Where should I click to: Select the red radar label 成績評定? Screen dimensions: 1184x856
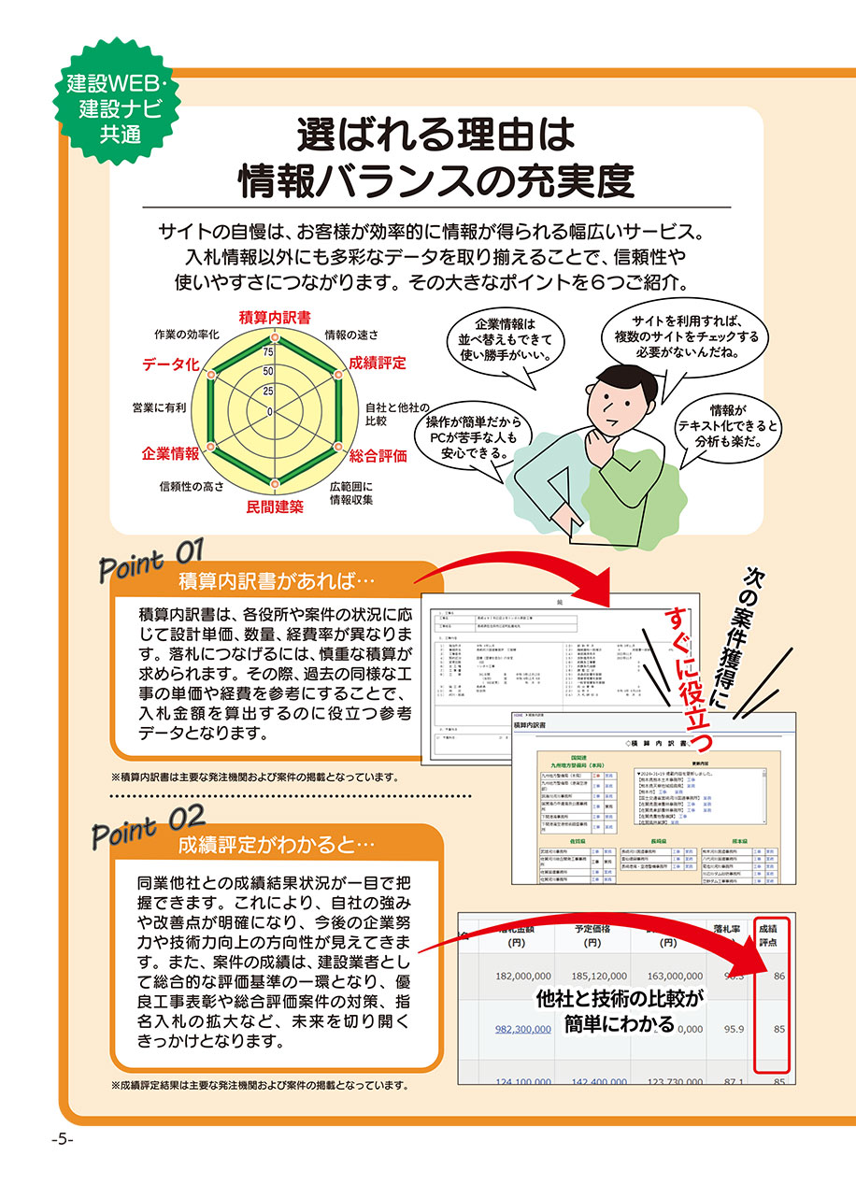coord(378,363)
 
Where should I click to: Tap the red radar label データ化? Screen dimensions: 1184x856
coord(171,364)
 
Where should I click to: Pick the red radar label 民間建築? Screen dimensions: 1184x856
coord(275,507)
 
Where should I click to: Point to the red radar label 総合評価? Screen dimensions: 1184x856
coord(378,456)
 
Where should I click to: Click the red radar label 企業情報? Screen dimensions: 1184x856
coord(170,453)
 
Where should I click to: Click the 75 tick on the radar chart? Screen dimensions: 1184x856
coord(269,352)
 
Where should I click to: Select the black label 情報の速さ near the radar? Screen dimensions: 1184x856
coord(351,334)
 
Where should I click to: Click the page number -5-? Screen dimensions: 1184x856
coord(63,1140)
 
